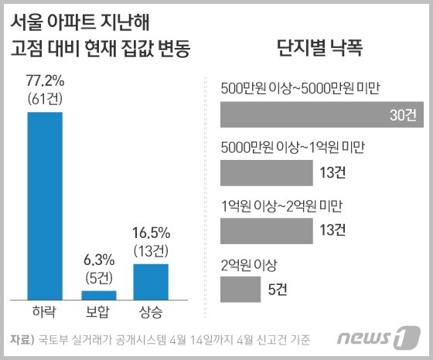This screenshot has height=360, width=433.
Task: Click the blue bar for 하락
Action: point(45,205)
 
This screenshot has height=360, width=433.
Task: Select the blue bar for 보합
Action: point(98,294)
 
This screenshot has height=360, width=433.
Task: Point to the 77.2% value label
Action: point(44,79)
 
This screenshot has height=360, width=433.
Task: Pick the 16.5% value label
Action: point(151,231)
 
